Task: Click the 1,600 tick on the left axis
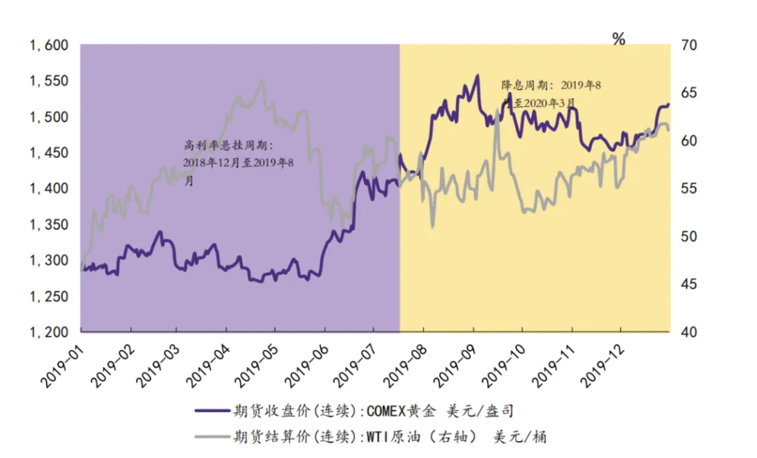(50, 46)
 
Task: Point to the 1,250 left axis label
(50, 297)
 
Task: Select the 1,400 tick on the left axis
(50, 189)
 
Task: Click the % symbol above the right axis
(619, 39)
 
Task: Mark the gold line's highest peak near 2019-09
(477, 75)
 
